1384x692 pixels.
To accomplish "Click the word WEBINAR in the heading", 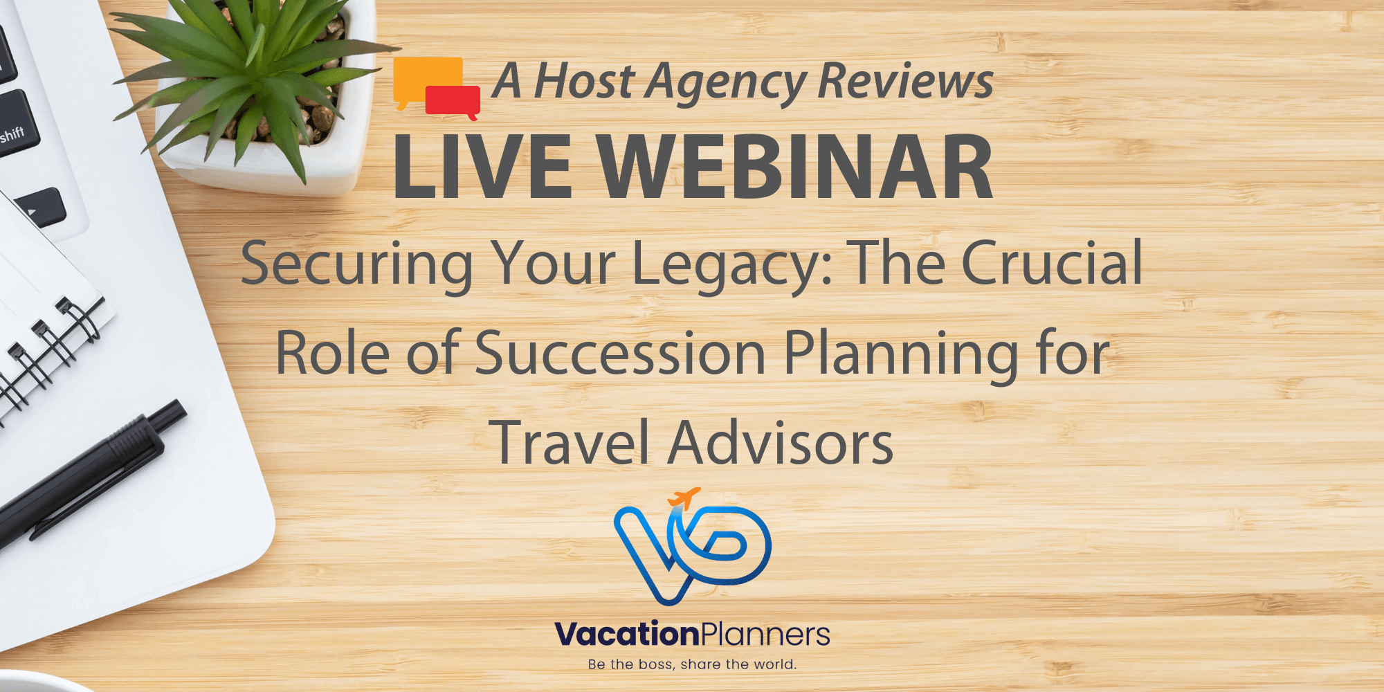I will click(x=796, y=168).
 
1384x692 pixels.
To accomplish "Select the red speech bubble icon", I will click(x=453, y=100).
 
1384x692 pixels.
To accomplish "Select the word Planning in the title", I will click(x=900, y=355).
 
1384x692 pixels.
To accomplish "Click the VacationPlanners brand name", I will click(x=692, y=634).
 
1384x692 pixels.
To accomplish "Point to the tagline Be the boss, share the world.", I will click(x=692, y=664).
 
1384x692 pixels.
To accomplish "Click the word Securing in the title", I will click(x=356, y=265).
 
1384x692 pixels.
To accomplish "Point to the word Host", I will click(x=585, y=82).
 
